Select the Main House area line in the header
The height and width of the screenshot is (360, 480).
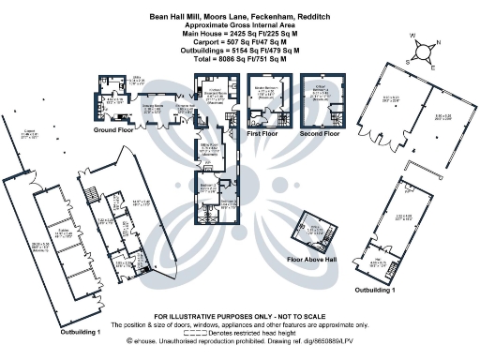coord(239,34)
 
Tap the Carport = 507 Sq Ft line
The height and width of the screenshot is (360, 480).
coord(239,42)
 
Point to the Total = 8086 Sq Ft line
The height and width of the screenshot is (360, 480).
coord(239,59)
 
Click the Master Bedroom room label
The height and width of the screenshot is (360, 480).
coord(266,93)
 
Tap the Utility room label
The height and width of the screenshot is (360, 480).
coord(135,82)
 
